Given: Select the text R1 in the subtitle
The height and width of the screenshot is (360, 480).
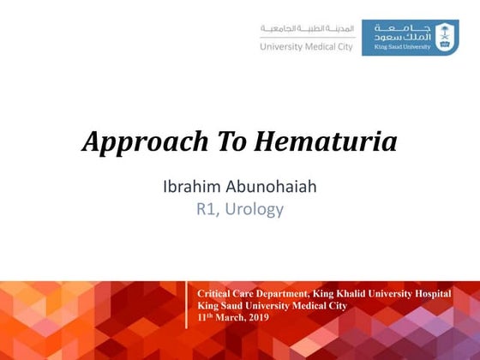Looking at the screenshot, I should pos(207,208).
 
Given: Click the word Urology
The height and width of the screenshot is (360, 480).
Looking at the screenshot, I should pos(255,209).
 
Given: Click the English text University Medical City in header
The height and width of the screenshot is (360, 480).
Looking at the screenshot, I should pos(306,47).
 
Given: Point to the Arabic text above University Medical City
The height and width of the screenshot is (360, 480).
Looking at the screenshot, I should pos(308,29).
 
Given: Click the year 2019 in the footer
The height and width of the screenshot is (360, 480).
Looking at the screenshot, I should pos(257,317).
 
